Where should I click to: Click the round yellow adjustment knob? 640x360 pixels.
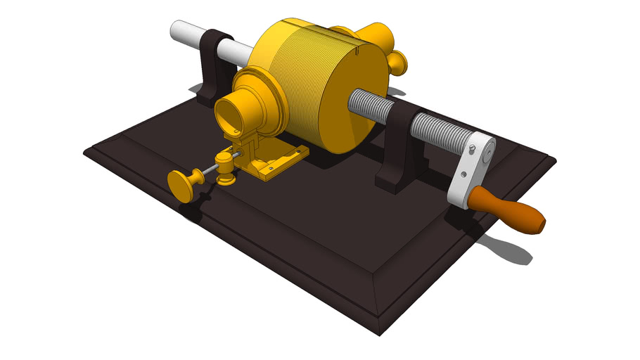(184, 185)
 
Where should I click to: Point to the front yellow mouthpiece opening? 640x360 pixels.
(229, 112)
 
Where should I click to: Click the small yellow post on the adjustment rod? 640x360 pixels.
(225, 169)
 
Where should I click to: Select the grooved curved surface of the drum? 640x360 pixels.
(295, 77)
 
